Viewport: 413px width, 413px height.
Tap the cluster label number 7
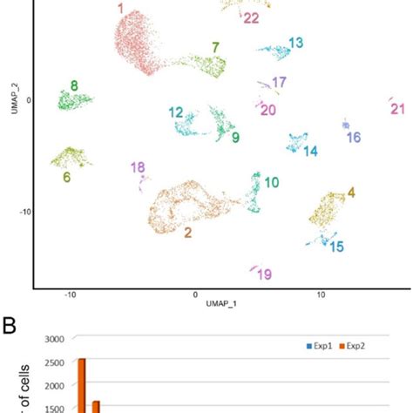(215, 46)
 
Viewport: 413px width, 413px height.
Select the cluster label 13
(295, 42)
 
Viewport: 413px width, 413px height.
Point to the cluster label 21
(398, 109)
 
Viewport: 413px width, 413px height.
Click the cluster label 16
(353, 138)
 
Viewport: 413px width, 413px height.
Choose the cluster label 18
(138, 167)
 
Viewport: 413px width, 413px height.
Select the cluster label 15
(335, 247)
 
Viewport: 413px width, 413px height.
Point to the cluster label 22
(251, 17)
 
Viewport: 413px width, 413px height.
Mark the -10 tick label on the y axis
(24, 211)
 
